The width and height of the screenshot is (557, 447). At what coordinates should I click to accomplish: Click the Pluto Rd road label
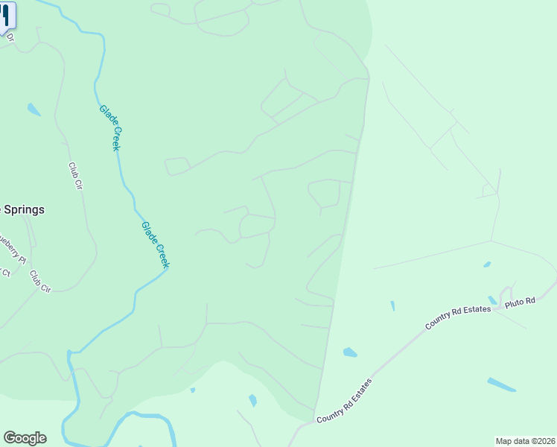(521, 302)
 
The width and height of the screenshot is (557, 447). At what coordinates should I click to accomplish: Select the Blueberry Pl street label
(13, 250)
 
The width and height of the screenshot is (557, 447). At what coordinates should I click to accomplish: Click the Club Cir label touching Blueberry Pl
(39, 281)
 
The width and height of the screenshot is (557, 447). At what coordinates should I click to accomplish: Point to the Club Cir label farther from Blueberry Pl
(74, 176)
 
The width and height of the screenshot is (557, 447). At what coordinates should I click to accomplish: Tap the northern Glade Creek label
(110, 127)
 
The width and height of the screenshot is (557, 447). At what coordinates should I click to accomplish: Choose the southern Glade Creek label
(156, 244)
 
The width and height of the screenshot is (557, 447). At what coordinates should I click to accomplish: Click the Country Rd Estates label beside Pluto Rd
(458, 314)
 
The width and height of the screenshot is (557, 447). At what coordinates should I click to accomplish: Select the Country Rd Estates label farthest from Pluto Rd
(344, 402)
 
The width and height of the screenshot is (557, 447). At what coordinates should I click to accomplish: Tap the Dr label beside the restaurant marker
(10, 37)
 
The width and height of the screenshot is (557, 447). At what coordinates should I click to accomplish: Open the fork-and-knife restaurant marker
(6, 15)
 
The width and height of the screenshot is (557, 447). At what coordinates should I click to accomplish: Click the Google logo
(25, 438)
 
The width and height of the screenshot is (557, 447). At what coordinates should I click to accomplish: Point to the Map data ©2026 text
(525, 441)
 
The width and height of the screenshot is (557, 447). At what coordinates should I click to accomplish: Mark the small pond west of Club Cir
(34, 110)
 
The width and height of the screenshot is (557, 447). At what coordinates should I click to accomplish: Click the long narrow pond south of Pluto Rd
(501, 384)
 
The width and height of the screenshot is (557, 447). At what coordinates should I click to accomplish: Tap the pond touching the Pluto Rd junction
(492, 299)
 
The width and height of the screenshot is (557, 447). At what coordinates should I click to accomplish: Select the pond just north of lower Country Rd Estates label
(350, 352)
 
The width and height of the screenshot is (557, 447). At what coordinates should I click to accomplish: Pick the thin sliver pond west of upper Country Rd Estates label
(392, 305)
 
